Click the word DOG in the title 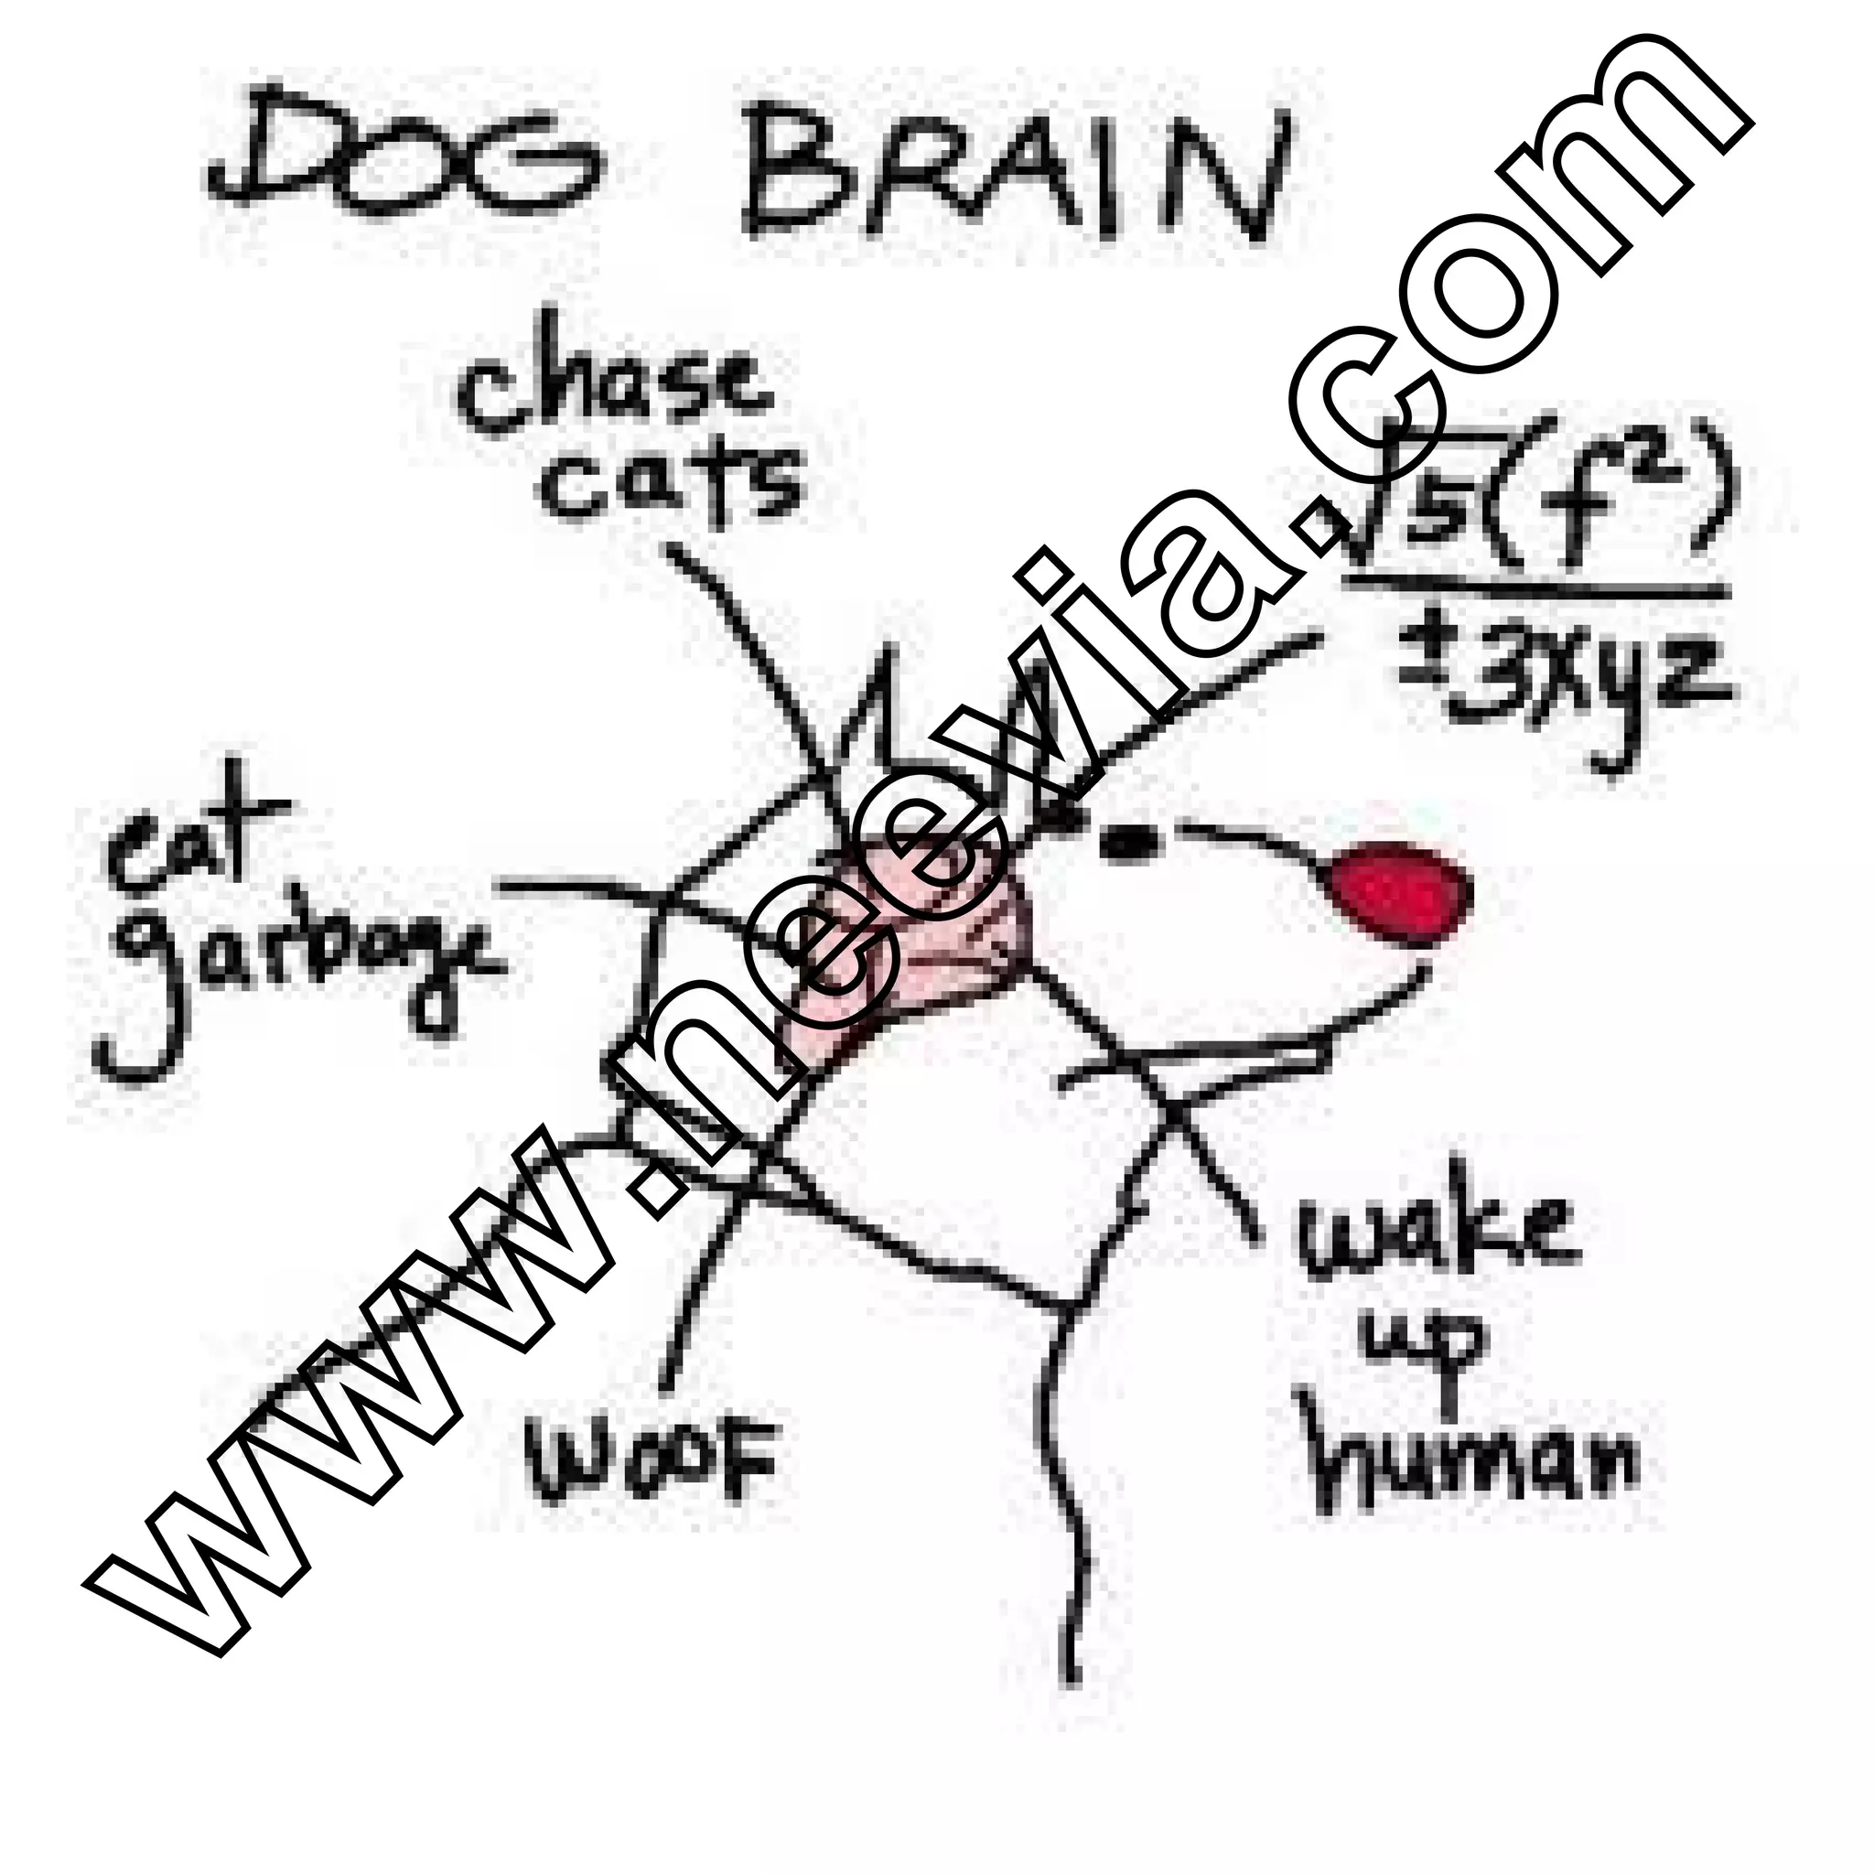click(x=407, y=160)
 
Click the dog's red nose click(x=1402, y=888)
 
